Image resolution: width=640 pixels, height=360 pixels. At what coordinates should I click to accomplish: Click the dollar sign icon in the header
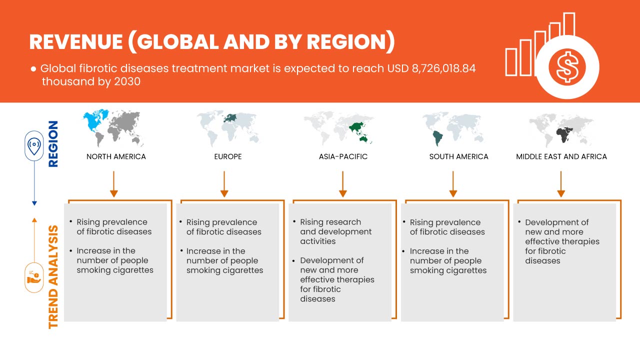pyautogui.click(x=567, y=67)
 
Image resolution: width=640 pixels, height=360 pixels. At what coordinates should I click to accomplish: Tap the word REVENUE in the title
pyautogui.click(x=76, y=42)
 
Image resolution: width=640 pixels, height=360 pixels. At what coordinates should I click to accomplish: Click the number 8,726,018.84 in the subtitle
pyautogui.click(x=443, y=68)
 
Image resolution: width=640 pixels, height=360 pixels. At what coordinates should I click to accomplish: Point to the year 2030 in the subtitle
pyautogui.click(x=127, y=81)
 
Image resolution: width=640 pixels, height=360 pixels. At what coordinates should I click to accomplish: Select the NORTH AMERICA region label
pyautogui.click(x=116, y=156)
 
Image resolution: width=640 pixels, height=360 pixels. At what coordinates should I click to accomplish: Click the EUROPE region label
pyautogui.click(x=228, y=156)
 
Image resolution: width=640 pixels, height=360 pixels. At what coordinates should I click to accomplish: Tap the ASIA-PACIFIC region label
pyautogui.click(x=343, y=156)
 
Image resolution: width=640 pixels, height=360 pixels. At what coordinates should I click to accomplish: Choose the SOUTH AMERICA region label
pyautogui.click(x=458, y=156)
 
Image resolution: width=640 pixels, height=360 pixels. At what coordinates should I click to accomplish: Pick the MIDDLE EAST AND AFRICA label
pyautogui.click(x=561, y=156)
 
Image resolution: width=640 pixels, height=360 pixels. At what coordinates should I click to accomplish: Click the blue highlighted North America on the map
pyautogui.click(x=95, y=121)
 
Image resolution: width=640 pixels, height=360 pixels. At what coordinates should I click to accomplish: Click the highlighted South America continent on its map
pyautogui.click(x=437, y=138)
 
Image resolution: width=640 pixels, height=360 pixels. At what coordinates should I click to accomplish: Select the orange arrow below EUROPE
pyautogui.click(x=224, y=184)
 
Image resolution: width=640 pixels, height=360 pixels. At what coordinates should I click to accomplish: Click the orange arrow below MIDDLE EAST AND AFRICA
pyautogui.click(x=561, y=184)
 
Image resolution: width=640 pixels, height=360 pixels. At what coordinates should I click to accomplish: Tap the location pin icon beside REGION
pyautogui.click(x=34, y=146)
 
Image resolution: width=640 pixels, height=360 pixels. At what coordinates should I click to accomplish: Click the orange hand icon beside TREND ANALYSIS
pyautogui.click(x=34, y=277)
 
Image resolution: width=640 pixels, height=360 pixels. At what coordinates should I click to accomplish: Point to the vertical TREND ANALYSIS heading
pyautogui.click(x=53, y=277)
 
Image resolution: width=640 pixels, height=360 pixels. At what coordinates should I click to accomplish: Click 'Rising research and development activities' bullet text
pyautogui.click(x=335, y=231)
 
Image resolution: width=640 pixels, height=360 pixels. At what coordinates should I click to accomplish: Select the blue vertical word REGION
pyautogui.click(x=53, y=143)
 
